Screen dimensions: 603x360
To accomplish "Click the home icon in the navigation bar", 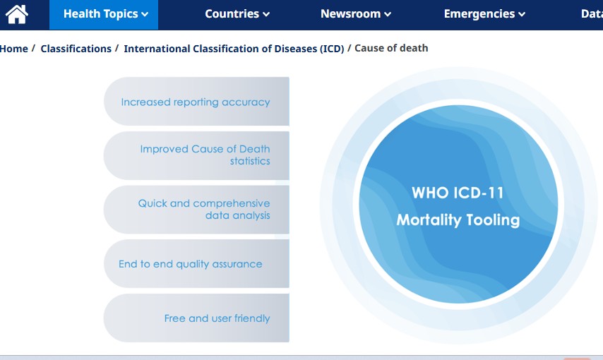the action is click(16, 14).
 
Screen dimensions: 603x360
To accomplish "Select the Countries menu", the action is click(237, 14).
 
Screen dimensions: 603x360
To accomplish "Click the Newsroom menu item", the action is click(356, 14).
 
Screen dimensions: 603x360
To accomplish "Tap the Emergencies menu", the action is click(484, 14).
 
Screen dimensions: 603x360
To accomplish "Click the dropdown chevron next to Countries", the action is click(266, 15).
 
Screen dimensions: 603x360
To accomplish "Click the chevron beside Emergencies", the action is click(522, 15).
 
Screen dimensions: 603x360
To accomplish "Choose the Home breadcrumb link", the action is click(14, 49).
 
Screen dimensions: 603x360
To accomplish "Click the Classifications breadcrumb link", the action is click(76, 49).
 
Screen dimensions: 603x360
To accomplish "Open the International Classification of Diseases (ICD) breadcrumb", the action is click(234, 49).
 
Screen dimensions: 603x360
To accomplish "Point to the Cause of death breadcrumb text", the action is click(391, 48).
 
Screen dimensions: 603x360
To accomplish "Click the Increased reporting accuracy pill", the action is click(196, 101).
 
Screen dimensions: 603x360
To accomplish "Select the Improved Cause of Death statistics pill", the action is click(196, 155).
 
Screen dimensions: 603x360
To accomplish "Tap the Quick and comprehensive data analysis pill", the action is click(196, 210).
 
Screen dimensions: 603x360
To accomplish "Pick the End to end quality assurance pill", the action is click(196, 264).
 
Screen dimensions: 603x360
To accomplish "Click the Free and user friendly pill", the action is click(196, 318).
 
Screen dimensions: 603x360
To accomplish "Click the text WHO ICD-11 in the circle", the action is click(458, 193).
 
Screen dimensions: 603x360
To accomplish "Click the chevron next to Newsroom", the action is click(388, 15).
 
